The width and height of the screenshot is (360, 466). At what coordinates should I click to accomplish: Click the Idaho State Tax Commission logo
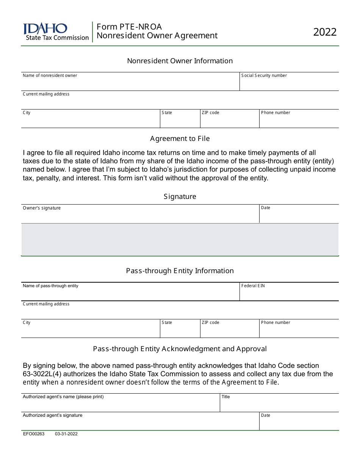pyautogui.click(x=56, y=32)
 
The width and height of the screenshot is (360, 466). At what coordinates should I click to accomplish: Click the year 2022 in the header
pyautogui.click(x=325, y=32)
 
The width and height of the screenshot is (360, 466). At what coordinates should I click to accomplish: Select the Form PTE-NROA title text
pyautogui.click(x=129, y=27)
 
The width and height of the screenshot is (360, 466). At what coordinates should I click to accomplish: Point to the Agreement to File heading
pyautogui.click(x=180, y=139)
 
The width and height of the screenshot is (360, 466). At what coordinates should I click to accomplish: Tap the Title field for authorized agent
pyautogui.click(x=279, y=405)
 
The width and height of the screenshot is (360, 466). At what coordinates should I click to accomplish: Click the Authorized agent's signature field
pyautogui.click(x=140, y=424)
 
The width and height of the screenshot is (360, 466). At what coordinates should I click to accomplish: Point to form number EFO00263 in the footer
pyautogui.click(x=33, y=434)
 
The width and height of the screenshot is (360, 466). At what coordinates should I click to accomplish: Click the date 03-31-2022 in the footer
pyautogui.click(x=66, y=434)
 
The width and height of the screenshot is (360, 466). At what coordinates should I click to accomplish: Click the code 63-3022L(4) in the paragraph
pyautogui.click(x=42, y=374)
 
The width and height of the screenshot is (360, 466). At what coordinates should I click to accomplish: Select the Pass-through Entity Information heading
pyautogui.click(x=180, y=271)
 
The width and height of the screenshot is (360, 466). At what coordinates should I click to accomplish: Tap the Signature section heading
pyautogui.click(x=180, y=197)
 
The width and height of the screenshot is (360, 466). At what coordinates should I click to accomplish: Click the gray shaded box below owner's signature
pyautogui.click(x=180, y=239)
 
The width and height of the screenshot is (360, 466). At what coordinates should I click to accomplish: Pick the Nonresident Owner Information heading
pyautogui.click(x=180, y=61)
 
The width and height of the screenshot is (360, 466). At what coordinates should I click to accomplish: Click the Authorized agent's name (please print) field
pyautogui.click(x=120, y=405)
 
